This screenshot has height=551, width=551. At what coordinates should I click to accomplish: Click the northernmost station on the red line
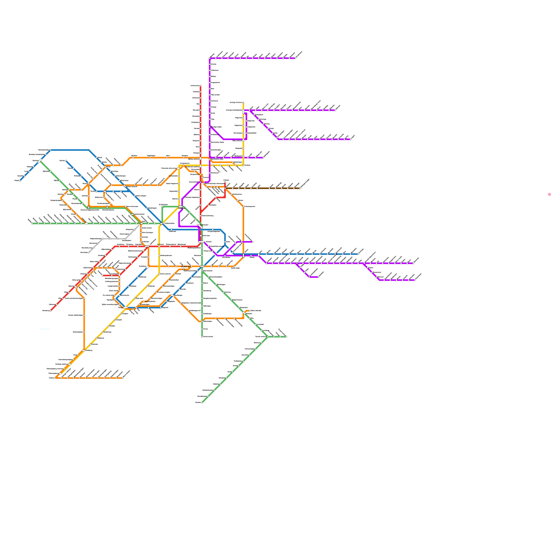pyautogui.click(x=200, y=85)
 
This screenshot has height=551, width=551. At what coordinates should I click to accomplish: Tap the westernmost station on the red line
pyautogui.click(x=51, y=311)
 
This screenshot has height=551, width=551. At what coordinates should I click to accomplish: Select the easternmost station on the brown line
pyautogui.click(x=300, y=188)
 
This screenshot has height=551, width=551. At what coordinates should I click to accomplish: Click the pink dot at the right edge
pyautogui.click(x=549, y=195)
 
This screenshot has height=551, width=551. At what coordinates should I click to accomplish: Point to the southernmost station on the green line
pyautogui.click(x=202, y=402)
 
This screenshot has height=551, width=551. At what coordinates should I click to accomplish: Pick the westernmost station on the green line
pyautogui.click(x=32, y=223)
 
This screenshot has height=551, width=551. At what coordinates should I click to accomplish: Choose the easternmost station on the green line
pyautogui.click(x=286, y=337)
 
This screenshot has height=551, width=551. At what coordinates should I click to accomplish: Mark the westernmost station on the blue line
pyautogui.click(x=20, y=180)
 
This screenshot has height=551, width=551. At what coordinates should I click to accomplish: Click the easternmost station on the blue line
pyautogui.click(x=358, y=254)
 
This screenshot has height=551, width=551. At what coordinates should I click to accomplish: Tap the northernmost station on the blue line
pyautogui.click(x=51, y=150)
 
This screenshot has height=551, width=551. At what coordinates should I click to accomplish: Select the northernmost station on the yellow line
pyautogui.click(x=243, y=102)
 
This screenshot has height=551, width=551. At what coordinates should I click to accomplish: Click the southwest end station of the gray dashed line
pyautogui.click(x=89, y=252)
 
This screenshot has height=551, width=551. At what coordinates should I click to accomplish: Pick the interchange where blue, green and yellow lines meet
pyautogui.click(x=162, y=223)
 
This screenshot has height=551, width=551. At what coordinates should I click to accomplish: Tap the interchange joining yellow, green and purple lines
pyautogui.click(x=181, y=207)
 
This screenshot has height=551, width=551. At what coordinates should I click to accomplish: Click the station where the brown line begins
pyautogui.click(x=225, y=188)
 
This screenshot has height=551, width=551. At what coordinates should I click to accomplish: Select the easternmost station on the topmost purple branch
pyautogui.click(x=295, y=58)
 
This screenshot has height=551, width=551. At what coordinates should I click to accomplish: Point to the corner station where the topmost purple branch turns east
pyautogui.click(x=210, y=58)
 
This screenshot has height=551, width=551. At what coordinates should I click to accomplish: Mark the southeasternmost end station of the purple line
pyautogui.click(x=415, y=280)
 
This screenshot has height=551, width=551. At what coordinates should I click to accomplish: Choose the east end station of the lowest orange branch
pyautogui.click(x=122, y=378)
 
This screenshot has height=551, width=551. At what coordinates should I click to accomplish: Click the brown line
pyautogui.click(x=262, y=188)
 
